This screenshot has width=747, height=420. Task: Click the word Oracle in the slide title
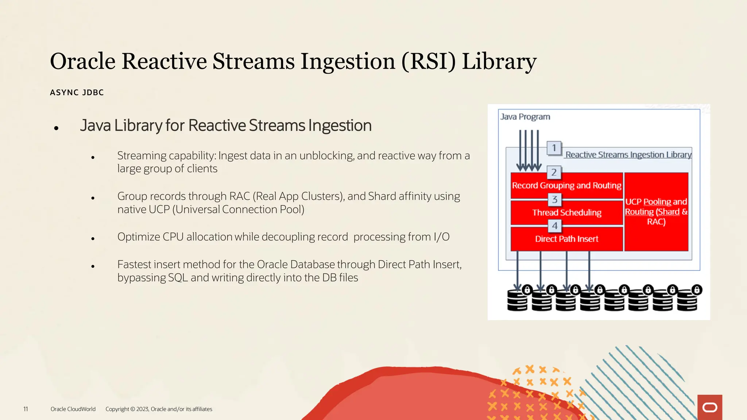(82, 61)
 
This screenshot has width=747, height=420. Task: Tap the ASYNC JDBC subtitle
(77, 93)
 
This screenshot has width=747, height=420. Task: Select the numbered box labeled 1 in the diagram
(554, 148)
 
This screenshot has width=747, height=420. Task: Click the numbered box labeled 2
(554, 172)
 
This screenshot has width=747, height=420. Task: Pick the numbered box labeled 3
(555, 199)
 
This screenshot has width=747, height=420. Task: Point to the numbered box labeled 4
(555, 226)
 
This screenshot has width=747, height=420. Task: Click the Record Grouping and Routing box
(566, 186)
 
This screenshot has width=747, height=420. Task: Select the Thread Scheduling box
(566, 213)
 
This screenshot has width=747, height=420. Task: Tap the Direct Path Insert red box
(566, 239)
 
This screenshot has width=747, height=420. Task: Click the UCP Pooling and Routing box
(656, 212)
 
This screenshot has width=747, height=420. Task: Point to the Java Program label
(525, 117)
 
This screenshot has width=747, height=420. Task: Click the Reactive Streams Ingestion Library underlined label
(628, 155)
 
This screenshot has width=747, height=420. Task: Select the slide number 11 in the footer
(26, 409)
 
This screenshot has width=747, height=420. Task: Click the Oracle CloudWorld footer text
(73, 409)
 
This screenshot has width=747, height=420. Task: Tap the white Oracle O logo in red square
(709, 408)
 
